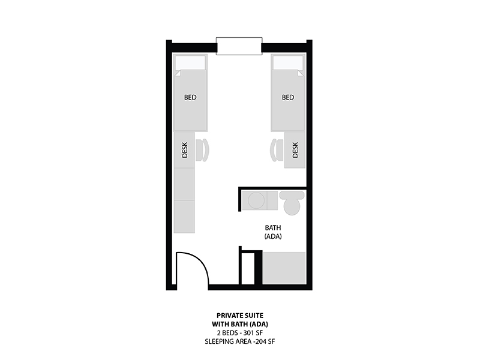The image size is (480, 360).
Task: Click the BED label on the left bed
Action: click(x=190, y=97)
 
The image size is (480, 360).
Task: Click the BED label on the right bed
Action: click(x=288, y=97)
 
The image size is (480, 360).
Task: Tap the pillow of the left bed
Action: click(x=190, y=63)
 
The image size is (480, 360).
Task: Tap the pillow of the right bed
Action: click(x=288, y=63)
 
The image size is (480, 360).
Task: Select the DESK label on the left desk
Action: click(x=185, y=149)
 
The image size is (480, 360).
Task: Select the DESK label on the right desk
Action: click(x=295, y=149)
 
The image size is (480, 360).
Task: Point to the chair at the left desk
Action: click(x=202, y=149)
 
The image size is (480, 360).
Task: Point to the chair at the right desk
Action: click(x=277, y=149)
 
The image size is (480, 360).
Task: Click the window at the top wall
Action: click(x=239, y=46)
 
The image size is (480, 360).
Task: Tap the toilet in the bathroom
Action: click(x=292, y=203)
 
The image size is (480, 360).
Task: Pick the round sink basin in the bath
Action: click(x=256, y=201)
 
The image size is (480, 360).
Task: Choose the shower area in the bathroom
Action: click(x=284, y=268)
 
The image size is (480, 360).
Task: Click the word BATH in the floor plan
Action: click(x=273, y=228)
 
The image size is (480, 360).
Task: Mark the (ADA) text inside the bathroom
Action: click(x=273, y=236)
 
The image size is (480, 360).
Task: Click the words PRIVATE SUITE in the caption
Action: click(x=240, y=316)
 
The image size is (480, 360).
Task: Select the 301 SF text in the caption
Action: click(x=253, y=333)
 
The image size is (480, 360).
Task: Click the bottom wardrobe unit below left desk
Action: click(x=184, y=217)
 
